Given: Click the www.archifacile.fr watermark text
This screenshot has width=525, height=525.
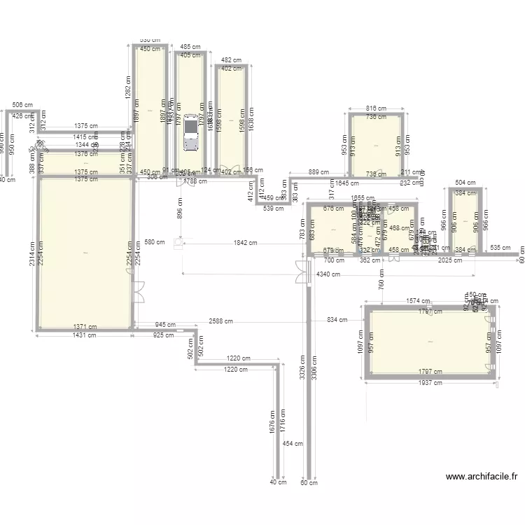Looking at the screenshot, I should click(x=482, y=477).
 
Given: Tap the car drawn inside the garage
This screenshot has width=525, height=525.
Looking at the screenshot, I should click(x=190, y=133).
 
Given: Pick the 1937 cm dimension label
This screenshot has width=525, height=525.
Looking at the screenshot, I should click(x=430, y=383).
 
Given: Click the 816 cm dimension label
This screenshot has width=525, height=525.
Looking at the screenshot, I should click(x=376, y=108).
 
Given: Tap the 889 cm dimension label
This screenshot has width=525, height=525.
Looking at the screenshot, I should click(x=318, y=171).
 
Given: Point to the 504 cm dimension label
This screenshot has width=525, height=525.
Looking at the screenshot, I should click(x=465, y=183).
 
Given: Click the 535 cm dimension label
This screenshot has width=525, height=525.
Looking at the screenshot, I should click(x=500, y=248).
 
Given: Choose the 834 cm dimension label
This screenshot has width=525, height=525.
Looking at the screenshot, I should click(x=337, y=321).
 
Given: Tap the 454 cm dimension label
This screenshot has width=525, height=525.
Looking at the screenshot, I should click(x=297, y=443).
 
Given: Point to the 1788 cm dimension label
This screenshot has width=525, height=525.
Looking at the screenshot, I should click(x=195, y=182).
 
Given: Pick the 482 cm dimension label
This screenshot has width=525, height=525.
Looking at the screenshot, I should click(x=231, y=60).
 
